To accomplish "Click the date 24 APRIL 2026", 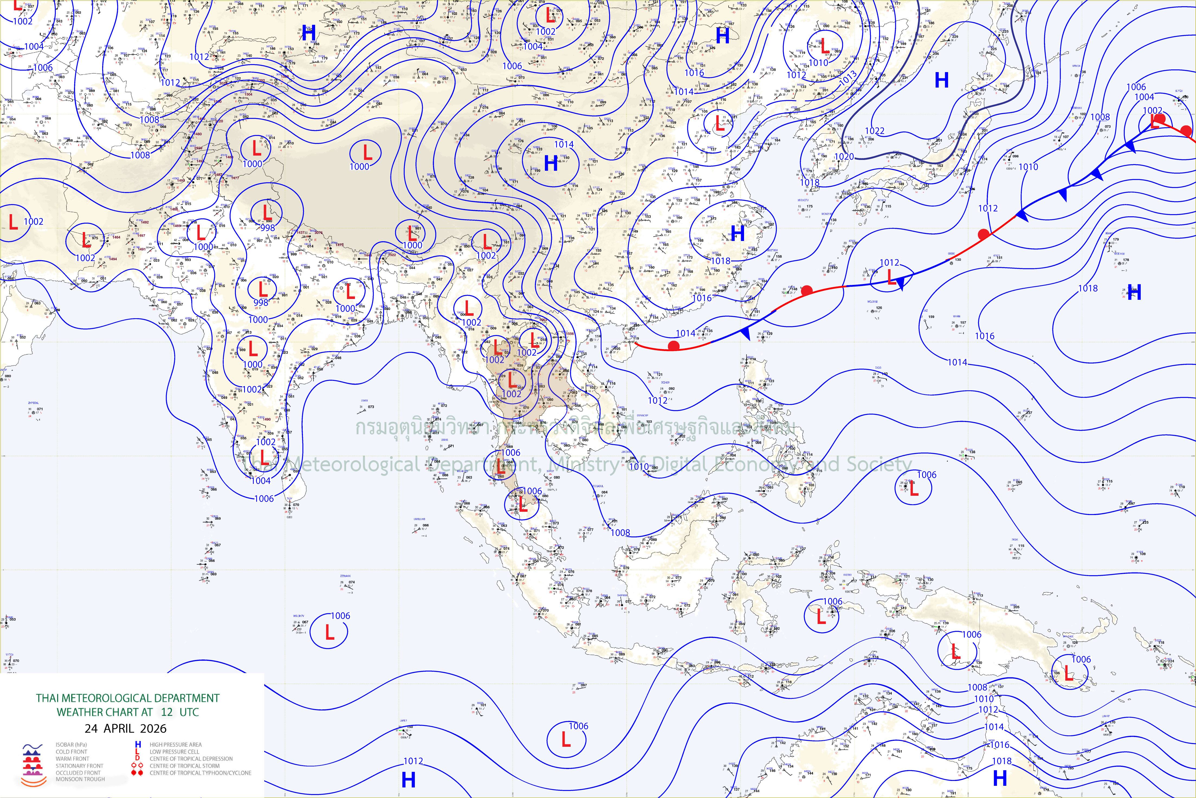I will (125, 728).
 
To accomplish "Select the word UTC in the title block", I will (189, 712).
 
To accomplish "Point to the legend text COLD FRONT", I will (71, 752).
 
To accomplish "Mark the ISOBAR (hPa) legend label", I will (71, 745).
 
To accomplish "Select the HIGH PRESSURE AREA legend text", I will (176, 745).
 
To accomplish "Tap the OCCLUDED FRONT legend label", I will (78, 773).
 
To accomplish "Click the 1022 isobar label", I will (874, 131).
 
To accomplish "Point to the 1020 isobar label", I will (844, 156).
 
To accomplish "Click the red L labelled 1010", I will (825, 47).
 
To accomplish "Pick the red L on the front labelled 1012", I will (891, 277).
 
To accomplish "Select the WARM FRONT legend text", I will (72, 759).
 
